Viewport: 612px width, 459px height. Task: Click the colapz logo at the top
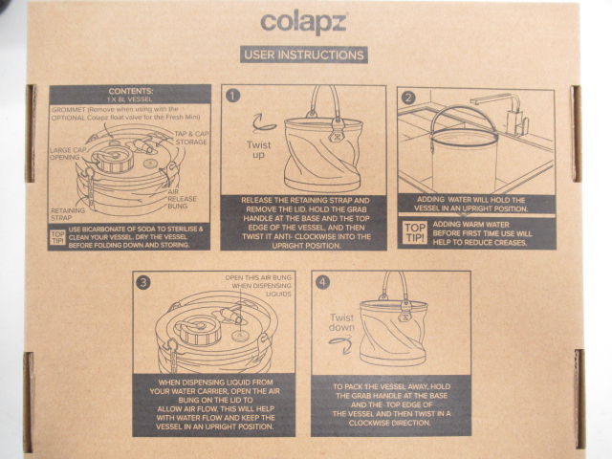(x=303, y=20)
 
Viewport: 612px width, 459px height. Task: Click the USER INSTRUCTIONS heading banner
(x=303, y=55)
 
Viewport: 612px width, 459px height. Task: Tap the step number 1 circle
(x=232, y=95)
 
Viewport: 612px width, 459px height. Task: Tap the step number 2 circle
(x=408, y=98)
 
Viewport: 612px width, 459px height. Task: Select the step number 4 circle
(x=322, y=282)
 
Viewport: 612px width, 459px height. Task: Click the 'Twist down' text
(x=342, y=323)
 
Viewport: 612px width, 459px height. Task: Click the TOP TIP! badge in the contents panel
(x=58, y=236)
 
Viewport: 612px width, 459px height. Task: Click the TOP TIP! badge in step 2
(x=414, y=231)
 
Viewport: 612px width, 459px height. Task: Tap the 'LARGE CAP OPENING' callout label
(x=70, y=153)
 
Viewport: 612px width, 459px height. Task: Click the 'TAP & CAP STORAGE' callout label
(x=190, y=138)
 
